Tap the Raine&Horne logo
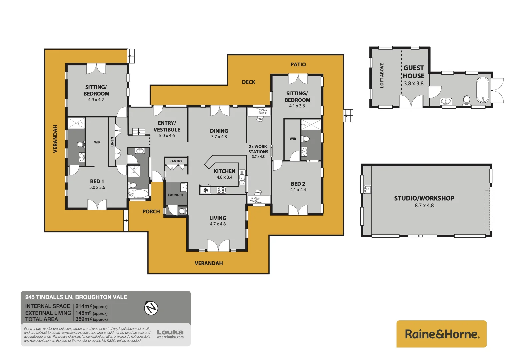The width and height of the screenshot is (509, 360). pos(441,334)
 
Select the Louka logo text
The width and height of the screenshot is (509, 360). pos(170,332)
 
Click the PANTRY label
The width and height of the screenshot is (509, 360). pos(176,161)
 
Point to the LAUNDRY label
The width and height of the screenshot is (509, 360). pos(176,195)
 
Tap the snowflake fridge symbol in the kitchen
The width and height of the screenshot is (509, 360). pos(206,190)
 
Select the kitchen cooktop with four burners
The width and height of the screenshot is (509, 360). pos(221,190)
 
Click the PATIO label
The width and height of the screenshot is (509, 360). pos(298,65)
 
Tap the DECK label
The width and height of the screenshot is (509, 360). pos(248,82)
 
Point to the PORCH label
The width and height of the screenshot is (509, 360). pos(151,212)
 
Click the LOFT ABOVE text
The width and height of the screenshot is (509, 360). pos(382,75)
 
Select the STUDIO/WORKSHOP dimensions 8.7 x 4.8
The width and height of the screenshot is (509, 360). pos(424,206)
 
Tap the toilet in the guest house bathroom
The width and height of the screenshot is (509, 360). pos(466,100)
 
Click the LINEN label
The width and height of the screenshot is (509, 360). pos(112,142)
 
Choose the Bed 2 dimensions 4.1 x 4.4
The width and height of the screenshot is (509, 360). pos(298,190)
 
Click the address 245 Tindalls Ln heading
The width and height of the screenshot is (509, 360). pos(76,297)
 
